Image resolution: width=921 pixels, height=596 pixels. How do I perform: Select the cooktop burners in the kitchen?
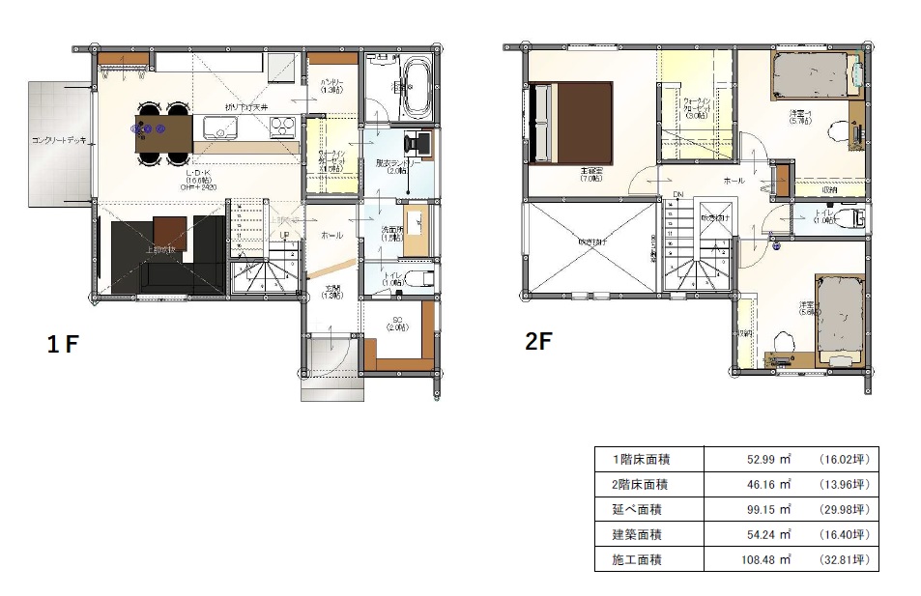coord(281,125)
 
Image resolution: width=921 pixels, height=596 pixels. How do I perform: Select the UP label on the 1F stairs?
coord(284,235)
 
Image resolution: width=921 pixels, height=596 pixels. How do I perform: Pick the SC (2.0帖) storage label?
coord(396,325)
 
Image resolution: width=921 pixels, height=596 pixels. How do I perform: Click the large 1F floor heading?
coord(64,344)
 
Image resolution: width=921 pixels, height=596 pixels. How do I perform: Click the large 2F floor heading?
coord(538,340)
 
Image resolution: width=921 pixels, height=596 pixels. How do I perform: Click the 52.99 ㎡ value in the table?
coord(768,460)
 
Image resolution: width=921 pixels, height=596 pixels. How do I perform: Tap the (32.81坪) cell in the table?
coord(844,559)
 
